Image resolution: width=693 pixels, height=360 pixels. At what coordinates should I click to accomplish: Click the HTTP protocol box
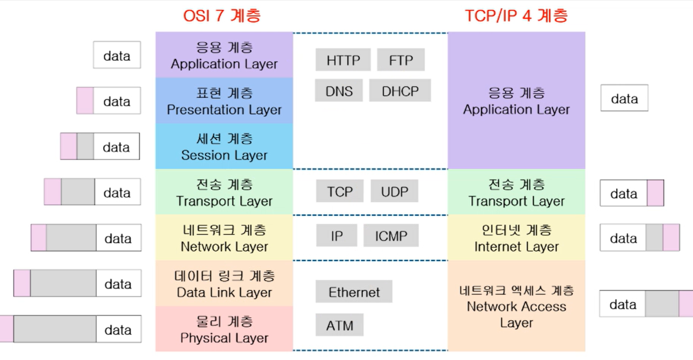click(343, 60)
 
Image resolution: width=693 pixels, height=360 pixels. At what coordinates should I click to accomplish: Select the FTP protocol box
click(401, 60)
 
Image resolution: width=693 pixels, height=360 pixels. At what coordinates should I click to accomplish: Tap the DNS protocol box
click(339, 91)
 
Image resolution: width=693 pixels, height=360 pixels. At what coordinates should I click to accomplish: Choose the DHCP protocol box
click(400, 91)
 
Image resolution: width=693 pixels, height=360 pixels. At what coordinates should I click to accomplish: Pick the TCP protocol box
click(339, 191)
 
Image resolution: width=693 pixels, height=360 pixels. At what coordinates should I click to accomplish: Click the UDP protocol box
click(394, 191)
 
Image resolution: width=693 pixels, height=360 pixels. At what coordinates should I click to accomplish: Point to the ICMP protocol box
click(391, 235)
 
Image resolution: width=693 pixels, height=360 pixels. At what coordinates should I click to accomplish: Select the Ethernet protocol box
click(354, 292)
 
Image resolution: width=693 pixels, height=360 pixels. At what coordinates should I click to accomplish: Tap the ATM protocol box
click(339, 325)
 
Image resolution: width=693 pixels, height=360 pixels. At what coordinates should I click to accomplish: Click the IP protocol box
click(337, 235)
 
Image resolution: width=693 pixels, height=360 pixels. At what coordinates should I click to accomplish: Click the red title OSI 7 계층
click(222, 16)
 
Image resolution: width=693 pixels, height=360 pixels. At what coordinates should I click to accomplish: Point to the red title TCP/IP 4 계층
click(516, 16)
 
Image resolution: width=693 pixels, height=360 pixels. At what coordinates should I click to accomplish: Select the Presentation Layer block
click(224, 101)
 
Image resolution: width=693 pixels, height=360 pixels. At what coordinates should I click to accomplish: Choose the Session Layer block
click(224, 146)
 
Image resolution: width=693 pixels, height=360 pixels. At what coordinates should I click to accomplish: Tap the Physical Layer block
click(224, 329)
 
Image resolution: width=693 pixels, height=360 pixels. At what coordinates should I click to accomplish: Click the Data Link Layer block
click(224, 283)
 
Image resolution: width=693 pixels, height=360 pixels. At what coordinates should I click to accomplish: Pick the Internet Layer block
click(516, 238)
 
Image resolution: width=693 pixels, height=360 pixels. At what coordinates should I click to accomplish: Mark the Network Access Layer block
click(516, 306)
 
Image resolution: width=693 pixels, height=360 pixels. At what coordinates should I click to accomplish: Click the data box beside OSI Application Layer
click(117, 55)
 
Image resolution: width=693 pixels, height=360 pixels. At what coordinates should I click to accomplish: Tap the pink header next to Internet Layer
click(671, 238)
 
